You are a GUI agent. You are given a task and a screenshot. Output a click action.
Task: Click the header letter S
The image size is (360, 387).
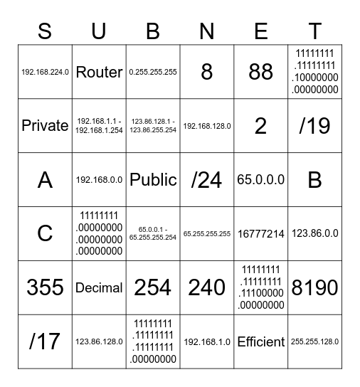[x=45, y=31]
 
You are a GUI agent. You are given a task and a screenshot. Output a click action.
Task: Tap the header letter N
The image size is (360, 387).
[x=206, y=31]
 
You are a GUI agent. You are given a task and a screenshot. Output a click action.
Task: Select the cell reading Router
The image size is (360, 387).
[x=99, y=72]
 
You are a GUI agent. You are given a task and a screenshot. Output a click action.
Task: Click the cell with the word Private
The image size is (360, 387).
[x=45, y=126]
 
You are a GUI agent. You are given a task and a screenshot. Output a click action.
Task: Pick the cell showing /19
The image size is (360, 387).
[x=314, y=126]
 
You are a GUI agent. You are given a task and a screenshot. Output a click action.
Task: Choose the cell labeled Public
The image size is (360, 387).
[x=153, y=180]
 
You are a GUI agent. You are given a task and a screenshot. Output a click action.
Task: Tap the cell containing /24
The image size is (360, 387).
[x=206, y=180]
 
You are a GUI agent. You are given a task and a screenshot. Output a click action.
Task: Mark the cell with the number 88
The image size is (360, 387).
[x=260, y=72]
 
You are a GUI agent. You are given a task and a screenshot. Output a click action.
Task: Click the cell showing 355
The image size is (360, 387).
[x=45, y=287]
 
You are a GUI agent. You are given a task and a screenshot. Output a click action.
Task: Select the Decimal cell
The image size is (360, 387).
[x=99, y=287]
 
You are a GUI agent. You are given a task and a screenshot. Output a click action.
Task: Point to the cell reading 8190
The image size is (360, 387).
[x=314, y=287]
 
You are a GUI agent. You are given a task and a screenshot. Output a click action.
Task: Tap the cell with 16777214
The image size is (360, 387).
[x=260, y=233]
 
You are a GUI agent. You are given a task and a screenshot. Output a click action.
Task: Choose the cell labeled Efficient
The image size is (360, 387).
[x=260, y=341]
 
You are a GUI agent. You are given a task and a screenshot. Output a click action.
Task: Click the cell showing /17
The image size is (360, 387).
[x=45, y=341]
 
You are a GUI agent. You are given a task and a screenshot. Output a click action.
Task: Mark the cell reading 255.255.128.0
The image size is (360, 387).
[x=314, y=341]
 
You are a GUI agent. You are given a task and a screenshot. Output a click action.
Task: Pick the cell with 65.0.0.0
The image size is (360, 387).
[x=260, y=180]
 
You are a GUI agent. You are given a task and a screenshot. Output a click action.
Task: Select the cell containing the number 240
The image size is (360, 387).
[x=206, y=287]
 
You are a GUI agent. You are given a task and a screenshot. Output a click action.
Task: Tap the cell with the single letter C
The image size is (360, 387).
[x=45, y=233]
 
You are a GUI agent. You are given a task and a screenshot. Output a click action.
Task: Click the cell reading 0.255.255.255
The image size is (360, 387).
[x=153, y=72]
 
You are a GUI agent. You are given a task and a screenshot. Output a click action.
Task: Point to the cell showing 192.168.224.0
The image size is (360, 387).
[x=45, y=72]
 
